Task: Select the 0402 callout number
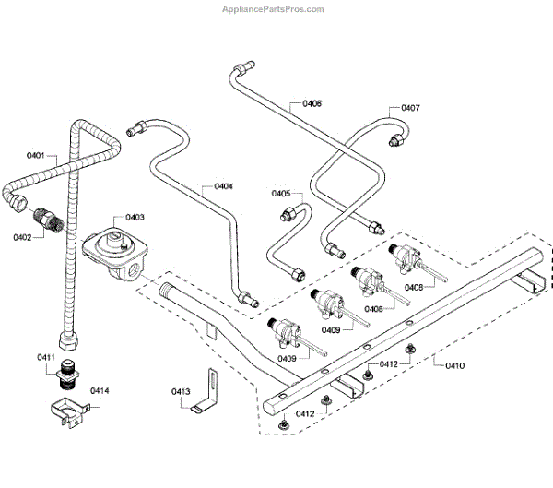(23, 236)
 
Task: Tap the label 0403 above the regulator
(135, 218)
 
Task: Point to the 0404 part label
(223, 186)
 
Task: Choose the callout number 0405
(280, 194)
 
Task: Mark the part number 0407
(410, 108)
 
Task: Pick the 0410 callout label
(454, 365)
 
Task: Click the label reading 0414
(99, 391)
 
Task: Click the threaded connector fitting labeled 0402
(47, 220)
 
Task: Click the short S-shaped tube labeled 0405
(281, 242)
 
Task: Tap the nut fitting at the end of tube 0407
(397, 140)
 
